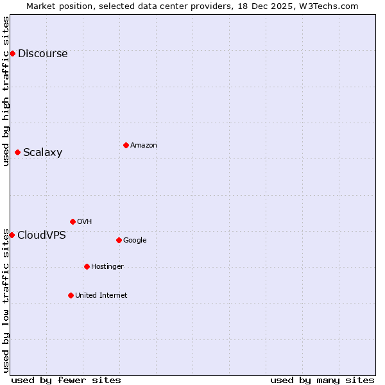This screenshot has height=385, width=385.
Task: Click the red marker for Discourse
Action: [x=12, y=53]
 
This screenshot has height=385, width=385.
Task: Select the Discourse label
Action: [x=42, y=54]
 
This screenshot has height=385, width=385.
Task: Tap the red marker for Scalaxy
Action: [x=17, y=152]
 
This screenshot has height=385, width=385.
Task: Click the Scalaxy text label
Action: [x=42, y=153]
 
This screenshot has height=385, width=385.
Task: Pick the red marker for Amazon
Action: [x=126, y=145]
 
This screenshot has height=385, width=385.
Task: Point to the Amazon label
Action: [x=144, y=146]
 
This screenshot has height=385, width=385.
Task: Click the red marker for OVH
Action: [x=73, y=221]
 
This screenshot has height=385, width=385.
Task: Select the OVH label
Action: [x=84, y=222]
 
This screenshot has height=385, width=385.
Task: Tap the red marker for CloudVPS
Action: [x=12, y=235]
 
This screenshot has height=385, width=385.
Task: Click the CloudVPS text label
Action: [x=41, y=235]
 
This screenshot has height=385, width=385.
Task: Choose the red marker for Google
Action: [x=119, y=240]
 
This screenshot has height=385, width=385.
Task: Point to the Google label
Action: [x=135, y=241]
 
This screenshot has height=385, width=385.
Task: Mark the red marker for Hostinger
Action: [x=87, y=266]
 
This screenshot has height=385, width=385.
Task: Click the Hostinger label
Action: [x=107, y=267]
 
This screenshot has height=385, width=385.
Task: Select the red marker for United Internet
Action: [x=71, y=295]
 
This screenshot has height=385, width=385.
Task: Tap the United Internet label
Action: [x=101, y=296]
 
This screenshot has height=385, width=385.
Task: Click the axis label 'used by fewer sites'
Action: [x=66, y=380]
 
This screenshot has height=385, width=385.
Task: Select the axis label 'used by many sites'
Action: [x=322, y=380]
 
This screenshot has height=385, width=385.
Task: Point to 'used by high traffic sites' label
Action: [x=6, y=91]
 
